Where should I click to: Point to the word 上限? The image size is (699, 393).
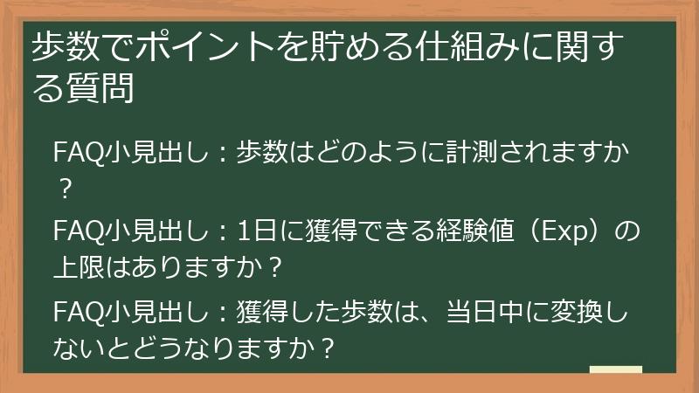76,265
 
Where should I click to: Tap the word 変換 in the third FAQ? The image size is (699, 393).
560,311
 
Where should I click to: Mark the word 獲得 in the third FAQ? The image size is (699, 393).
265,311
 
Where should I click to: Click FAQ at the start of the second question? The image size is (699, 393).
73,233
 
